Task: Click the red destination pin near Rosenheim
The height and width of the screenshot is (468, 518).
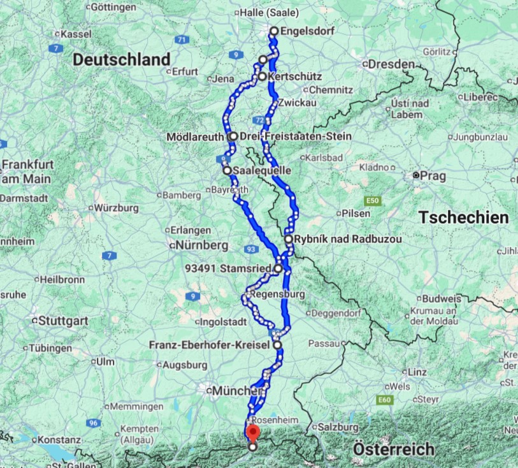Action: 252,434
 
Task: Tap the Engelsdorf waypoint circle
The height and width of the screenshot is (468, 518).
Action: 274,31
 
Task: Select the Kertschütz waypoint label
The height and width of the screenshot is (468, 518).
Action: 291,77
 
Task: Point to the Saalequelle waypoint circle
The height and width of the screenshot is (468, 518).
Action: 227,170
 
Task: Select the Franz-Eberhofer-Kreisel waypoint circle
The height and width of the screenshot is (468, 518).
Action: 277,345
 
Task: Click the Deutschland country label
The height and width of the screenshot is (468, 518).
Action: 121,60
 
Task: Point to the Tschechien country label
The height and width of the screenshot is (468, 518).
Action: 464,217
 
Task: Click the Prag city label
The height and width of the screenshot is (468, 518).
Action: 427,175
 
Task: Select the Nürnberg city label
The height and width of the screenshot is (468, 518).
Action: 202,245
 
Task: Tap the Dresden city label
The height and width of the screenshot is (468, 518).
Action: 388,64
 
